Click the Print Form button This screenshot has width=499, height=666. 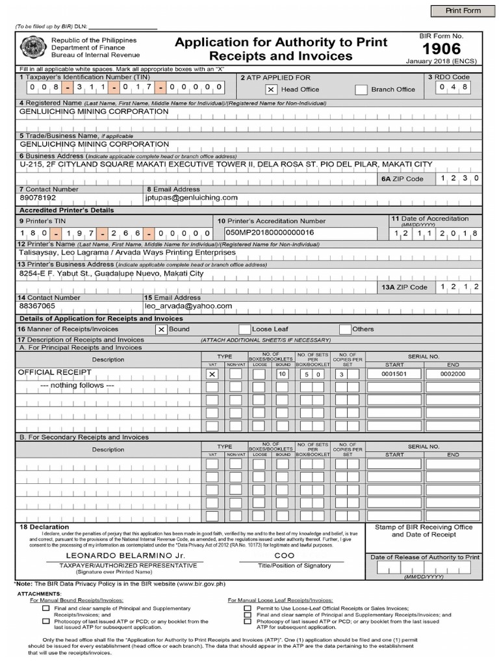[463, 11]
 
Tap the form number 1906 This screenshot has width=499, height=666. [441, 49]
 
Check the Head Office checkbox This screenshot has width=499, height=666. [271, 90]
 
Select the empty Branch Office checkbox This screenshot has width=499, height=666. [361, 90]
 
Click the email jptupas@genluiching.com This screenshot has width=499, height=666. [192, 197]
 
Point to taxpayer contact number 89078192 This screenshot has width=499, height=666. [38, 197]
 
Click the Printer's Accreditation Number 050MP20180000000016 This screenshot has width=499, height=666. [270, 232]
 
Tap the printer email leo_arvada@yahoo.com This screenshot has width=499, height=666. [188, 306]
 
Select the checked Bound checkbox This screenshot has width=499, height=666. [161, 330]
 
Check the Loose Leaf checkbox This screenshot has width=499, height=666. [245, 330]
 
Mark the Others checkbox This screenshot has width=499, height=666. [345, 330]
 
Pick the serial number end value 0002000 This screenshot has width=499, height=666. [453, 374]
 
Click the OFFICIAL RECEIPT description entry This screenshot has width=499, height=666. [55, 373]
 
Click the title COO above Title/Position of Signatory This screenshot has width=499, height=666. [285, 557]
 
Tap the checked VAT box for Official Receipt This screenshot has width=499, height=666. [212, 375]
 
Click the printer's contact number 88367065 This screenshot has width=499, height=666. [38, 306]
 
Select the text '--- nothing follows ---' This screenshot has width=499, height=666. [77, 386]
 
